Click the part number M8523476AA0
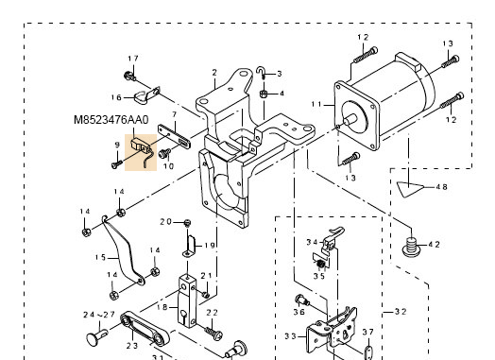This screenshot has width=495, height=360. (x=111, y=120)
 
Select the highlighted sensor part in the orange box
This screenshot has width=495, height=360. (x=142, y=149)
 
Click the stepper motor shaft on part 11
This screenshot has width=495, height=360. (x=350, y=119)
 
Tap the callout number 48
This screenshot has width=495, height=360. (x=442, y=187)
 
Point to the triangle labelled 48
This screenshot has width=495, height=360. (x=409, y=189)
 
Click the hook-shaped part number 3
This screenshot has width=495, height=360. (x=261, y=73)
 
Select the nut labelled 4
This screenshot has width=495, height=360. (x=264, y=94)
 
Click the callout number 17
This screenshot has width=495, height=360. (x=133, y=59)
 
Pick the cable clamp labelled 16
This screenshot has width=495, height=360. (x=146, y=96)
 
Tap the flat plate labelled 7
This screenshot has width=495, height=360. (x=174, y=136)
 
